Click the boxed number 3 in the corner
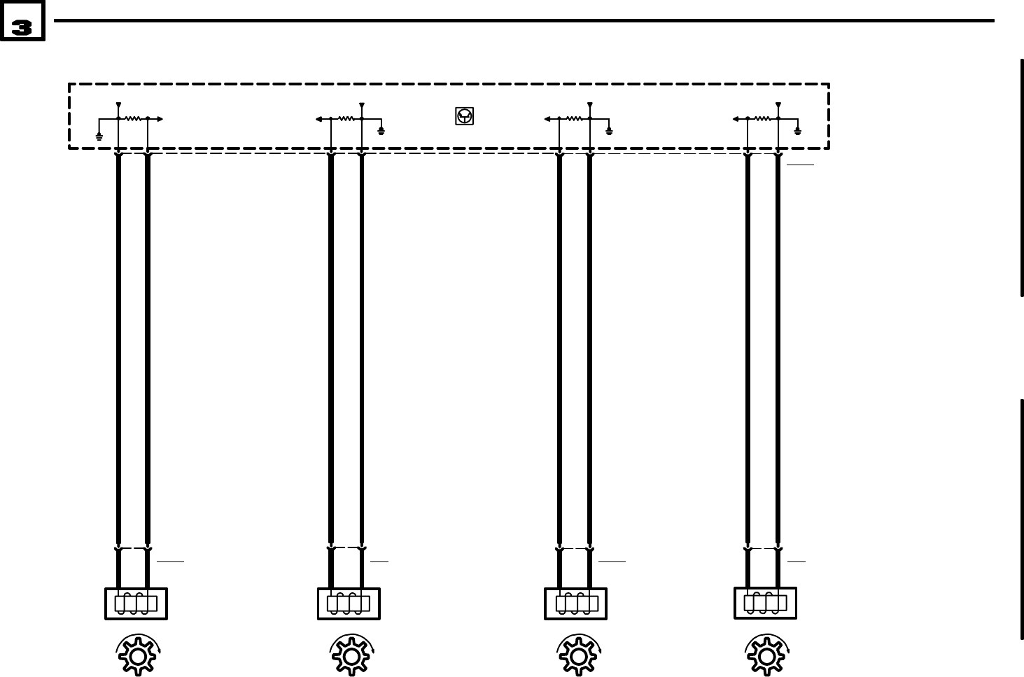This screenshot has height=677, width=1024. point(22,27)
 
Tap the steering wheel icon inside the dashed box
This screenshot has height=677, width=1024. point(464,116)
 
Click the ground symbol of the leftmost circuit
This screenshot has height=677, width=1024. point(99,134)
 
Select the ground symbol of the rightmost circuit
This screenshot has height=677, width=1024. point(798,131)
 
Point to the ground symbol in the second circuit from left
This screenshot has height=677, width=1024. point(381,131)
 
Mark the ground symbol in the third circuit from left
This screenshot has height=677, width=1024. point(609,131)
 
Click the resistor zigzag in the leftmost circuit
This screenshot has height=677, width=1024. point(133,119)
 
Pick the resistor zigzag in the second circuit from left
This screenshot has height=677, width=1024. point(346,119)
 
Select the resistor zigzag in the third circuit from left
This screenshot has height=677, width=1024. point(574,119)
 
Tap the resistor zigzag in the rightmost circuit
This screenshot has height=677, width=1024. point(763,119)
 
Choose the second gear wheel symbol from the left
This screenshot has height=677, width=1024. point(351,656)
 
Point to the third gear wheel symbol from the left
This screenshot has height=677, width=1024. point(577,656)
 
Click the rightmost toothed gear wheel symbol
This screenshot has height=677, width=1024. point(766,656)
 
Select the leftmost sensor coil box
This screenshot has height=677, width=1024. point(136,603)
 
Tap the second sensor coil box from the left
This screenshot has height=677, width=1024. point(349,603)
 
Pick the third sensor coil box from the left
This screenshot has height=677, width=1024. point(575,603)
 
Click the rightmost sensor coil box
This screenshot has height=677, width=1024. point(765,603)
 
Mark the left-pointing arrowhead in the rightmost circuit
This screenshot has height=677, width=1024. point(736,119)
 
